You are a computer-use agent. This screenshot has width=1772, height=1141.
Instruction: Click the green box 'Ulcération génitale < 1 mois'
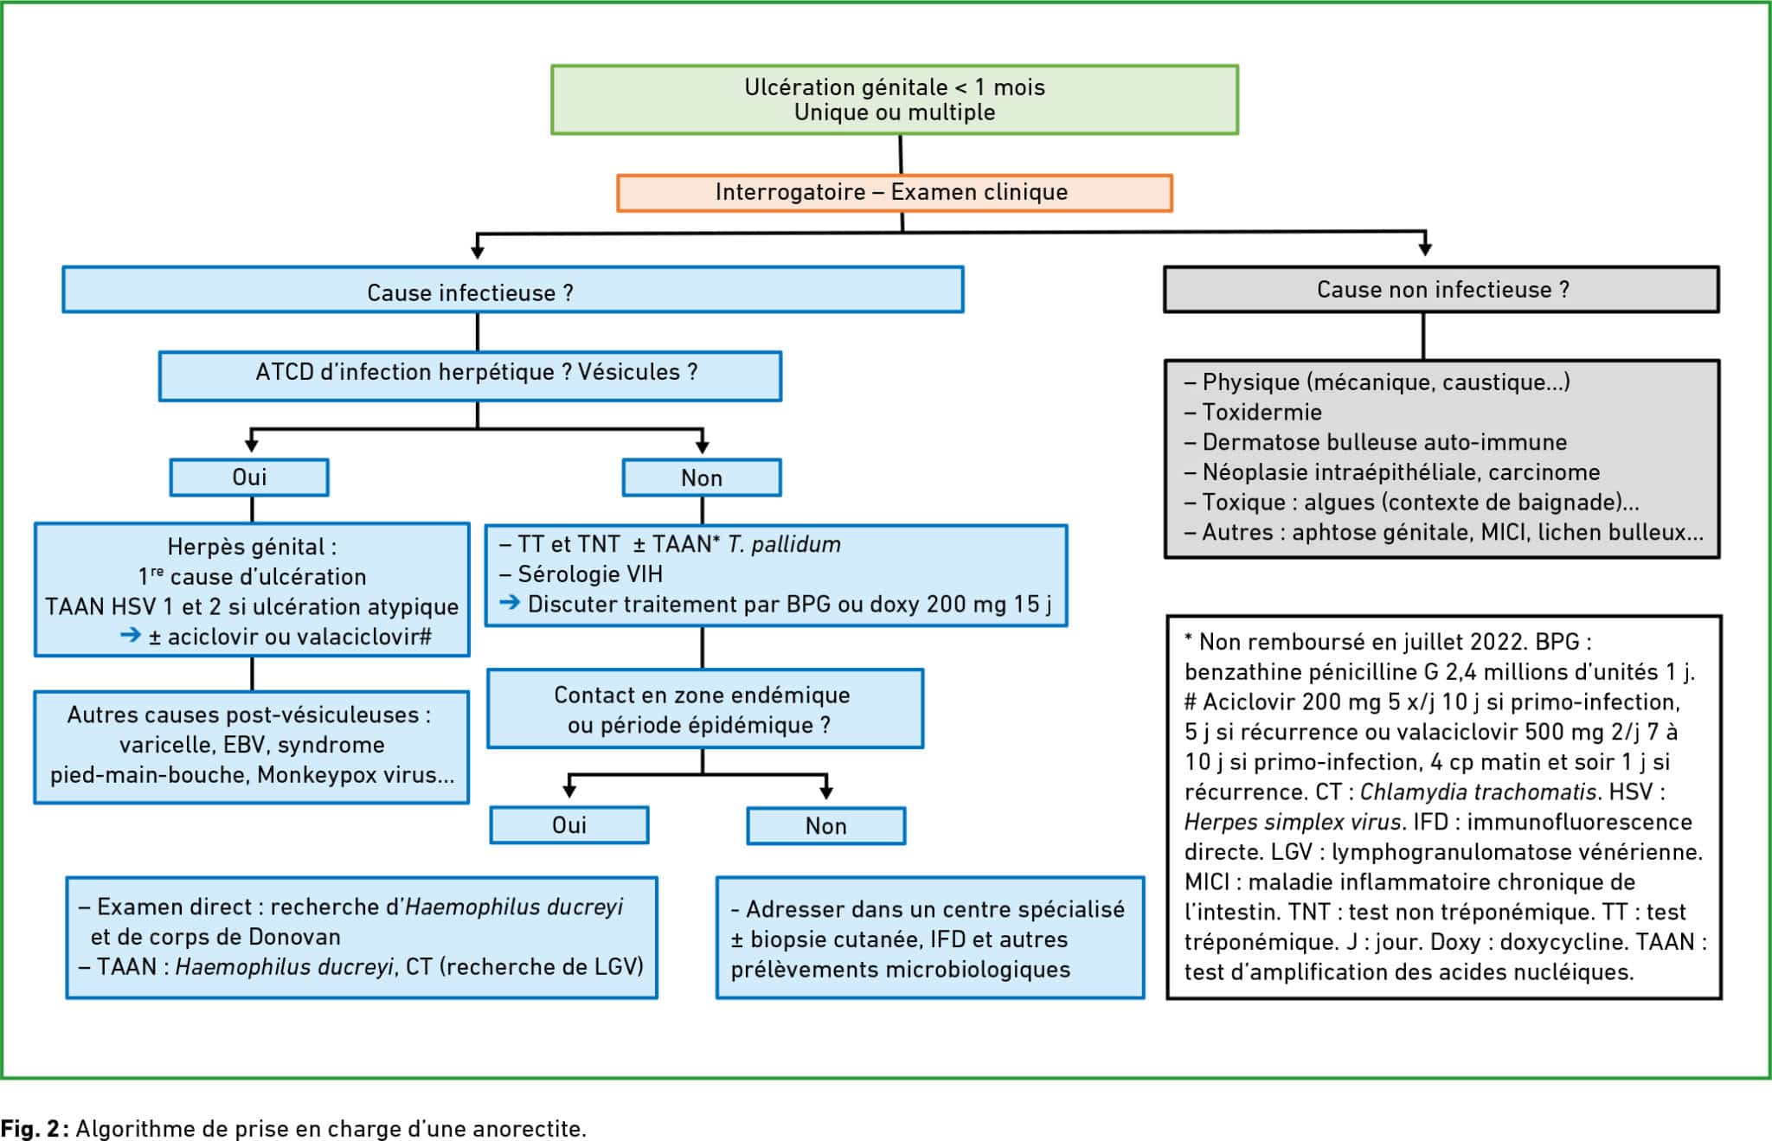pos(895,99)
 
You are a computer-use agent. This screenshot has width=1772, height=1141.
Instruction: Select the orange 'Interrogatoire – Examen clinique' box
pos(895,193)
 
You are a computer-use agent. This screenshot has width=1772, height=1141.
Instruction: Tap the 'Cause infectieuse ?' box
pos(513,290)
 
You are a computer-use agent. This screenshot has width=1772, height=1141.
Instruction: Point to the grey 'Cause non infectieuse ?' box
pos(1441,289)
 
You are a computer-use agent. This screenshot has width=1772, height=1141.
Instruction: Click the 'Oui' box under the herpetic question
pos(249,478)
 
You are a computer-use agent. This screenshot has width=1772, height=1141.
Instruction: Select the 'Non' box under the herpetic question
pos(702,478)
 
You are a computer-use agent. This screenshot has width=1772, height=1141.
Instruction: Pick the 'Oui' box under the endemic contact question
pos(569,825)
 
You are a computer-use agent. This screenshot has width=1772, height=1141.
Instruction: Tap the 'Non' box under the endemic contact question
pos(826,825)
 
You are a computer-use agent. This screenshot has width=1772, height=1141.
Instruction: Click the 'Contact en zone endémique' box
pos(705,708)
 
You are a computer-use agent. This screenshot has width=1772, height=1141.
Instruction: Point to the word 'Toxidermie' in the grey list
pos(1262,412)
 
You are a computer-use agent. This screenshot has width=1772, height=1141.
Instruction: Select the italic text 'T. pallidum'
pos(784,544)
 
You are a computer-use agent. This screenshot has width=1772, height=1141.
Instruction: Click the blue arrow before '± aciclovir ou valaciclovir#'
pos(130,635)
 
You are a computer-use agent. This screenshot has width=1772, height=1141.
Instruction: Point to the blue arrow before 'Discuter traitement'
pos(510,602)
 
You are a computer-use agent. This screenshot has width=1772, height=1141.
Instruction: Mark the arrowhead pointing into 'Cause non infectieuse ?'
pos(1425,249)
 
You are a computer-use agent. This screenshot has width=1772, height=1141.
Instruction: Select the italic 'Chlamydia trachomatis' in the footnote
pos(1479,792)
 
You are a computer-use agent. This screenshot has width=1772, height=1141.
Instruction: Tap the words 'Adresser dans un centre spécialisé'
pos(935,909)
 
